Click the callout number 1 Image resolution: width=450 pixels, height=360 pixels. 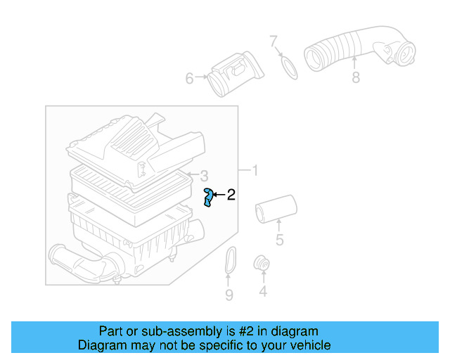(255, 171)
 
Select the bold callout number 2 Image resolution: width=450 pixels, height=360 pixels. (230, 195)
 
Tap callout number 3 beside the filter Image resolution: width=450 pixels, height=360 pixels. (203, 176)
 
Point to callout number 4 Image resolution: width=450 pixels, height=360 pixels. (263, 291)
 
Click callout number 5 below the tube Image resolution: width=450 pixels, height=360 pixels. (279, 241)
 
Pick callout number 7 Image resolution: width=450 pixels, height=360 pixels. (274, 42)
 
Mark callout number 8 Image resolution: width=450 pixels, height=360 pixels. (356, 77)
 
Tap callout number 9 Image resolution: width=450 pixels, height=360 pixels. (229, 295)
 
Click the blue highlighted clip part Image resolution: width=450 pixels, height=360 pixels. (209, 198)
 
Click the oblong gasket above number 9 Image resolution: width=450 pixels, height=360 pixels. (229, 262)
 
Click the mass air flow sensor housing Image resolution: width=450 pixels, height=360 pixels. (236, 74)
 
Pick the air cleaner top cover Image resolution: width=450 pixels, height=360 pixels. (134, 144)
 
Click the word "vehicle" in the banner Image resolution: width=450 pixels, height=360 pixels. (307, 345)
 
